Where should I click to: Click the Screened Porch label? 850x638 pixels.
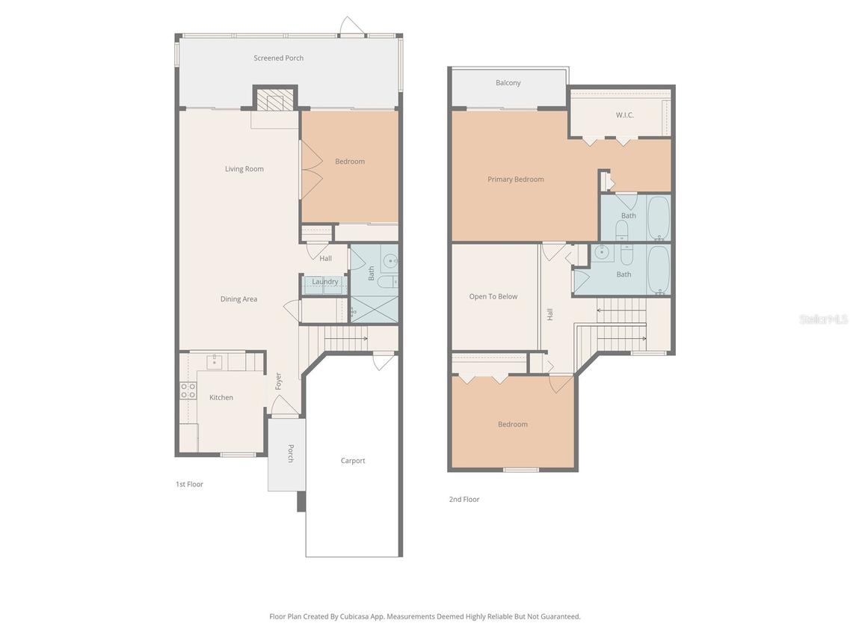click(278, 58)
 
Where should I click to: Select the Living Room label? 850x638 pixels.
click(244, 169)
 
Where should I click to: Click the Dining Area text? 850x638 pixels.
click(238, 299)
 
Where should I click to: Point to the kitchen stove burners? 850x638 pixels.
click(188, 390)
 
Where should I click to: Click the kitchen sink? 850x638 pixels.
click(215, 362)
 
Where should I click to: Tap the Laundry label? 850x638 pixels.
click(325, 282)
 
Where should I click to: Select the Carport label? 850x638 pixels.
click(353, 461)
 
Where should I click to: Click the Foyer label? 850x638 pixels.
click(278, 381)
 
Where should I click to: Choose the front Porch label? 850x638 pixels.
click(291, 453)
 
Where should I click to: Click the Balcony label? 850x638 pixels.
click(508, 83)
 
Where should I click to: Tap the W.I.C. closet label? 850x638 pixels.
click(624, 115)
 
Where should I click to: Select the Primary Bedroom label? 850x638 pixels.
click(515, 180)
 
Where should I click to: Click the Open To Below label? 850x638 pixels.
click(493, 297)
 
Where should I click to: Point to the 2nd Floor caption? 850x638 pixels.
click(464, 500)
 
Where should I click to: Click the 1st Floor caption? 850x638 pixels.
click(189, 485)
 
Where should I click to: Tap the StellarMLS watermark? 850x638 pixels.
click(823, 319)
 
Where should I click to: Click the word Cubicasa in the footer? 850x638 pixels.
click(356, 617)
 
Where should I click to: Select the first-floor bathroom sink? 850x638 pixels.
click(389, 262)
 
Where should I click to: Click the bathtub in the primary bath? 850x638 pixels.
click(659, 217)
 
